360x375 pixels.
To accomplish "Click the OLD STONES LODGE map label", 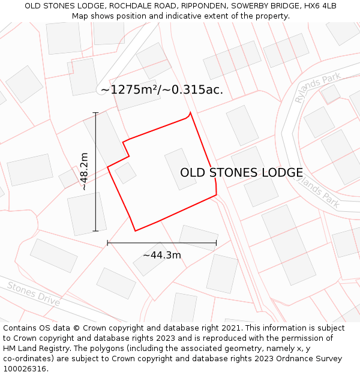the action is [x=241, y=173].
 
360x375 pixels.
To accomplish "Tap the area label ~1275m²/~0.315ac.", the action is [x=162, y=90].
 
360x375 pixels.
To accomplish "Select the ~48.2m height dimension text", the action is [x=85, y=172].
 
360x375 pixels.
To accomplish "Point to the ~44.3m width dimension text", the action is [x=162, y=255].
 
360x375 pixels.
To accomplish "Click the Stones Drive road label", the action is [x=34, y=293].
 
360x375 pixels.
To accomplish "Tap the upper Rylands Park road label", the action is [x=317, y=88].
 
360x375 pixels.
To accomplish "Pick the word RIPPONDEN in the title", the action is [x=199, y=6].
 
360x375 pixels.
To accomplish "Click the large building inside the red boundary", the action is [x=181, y=169].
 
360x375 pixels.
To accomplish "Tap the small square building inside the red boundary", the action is [x=126, y=173].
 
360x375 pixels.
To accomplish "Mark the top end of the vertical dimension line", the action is [x=95, y=112].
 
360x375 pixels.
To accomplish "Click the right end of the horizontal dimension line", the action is [x=216, y=243].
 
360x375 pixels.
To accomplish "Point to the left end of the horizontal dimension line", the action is [x=107, y=243].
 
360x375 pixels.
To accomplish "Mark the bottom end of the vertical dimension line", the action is [x=95, y=230].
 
